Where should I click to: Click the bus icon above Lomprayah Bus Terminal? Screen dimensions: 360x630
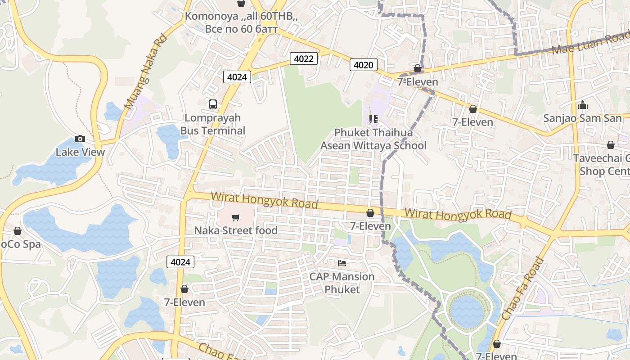(213, 104)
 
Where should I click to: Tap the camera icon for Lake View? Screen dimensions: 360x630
(80, 139)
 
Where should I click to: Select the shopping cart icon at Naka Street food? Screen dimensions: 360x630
(235, 218)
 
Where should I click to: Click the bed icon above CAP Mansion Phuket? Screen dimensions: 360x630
(342, 263)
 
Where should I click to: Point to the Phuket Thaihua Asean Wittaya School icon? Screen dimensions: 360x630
(373, 119)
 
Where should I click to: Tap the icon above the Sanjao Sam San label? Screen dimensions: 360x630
(583, 105)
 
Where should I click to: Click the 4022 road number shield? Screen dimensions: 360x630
(304, 58)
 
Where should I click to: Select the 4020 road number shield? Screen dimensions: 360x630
(363, 65)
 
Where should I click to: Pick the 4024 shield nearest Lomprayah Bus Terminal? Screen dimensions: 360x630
(237, 77)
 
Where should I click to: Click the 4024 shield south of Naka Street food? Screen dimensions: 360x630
(180, 262)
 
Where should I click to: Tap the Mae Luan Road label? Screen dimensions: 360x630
(590, 43)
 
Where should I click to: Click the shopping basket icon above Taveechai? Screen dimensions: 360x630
(611, 145)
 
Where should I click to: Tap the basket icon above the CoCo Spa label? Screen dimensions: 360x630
(18, 231)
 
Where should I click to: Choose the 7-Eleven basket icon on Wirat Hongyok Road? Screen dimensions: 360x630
(370, 213)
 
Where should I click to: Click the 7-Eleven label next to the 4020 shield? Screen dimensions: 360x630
(418, 82)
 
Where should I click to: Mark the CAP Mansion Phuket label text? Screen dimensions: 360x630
(342, 283)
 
